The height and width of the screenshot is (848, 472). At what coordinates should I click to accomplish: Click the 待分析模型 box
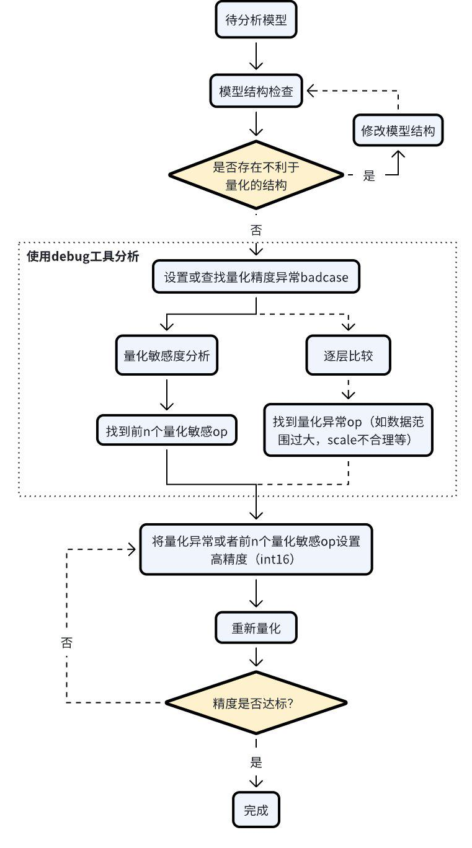pos(256,21)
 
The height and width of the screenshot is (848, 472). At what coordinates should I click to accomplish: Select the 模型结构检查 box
pos(256,92)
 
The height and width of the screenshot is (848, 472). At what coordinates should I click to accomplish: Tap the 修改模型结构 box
pos(398,131)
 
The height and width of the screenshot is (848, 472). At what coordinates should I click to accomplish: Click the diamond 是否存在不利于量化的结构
pos(256,175)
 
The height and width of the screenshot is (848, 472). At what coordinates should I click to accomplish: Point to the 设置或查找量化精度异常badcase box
pos(256,277)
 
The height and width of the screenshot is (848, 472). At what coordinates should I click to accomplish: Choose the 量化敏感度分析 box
pos(167,356)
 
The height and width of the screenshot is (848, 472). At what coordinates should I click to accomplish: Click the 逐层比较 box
pos(349,356)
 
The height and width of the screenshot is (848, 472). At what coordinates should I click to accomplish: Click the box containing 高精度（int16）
pos(256,549)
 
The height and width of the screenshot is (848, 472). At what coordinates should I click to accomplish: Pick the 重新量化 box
pos(256,628)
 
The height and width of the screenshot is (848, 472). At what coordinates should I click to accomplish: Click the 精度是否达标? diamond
pos(256,703)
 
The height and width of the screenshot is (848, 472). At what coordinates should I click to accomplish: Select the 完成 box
pos(256,810)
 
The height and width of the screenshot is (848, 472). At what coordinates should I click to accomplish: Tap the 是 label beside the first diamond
pos(369,176)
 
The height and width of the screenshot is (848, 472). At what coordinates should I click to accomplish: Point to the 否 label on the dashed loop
pos(66,642)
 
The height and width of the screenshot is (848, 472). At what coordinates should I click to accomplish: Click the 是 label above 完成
pos(256,762)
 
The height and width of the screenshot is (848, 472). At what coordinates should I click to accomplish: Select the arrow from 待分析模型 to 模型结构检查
pos(256,57)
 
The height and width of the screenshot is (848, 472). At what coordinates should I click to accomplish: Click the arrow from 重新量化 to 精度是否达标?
pos(256,657)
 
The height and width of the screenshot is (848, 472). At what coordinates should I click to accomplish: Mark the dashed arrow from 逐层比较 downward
pos(349,389)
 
